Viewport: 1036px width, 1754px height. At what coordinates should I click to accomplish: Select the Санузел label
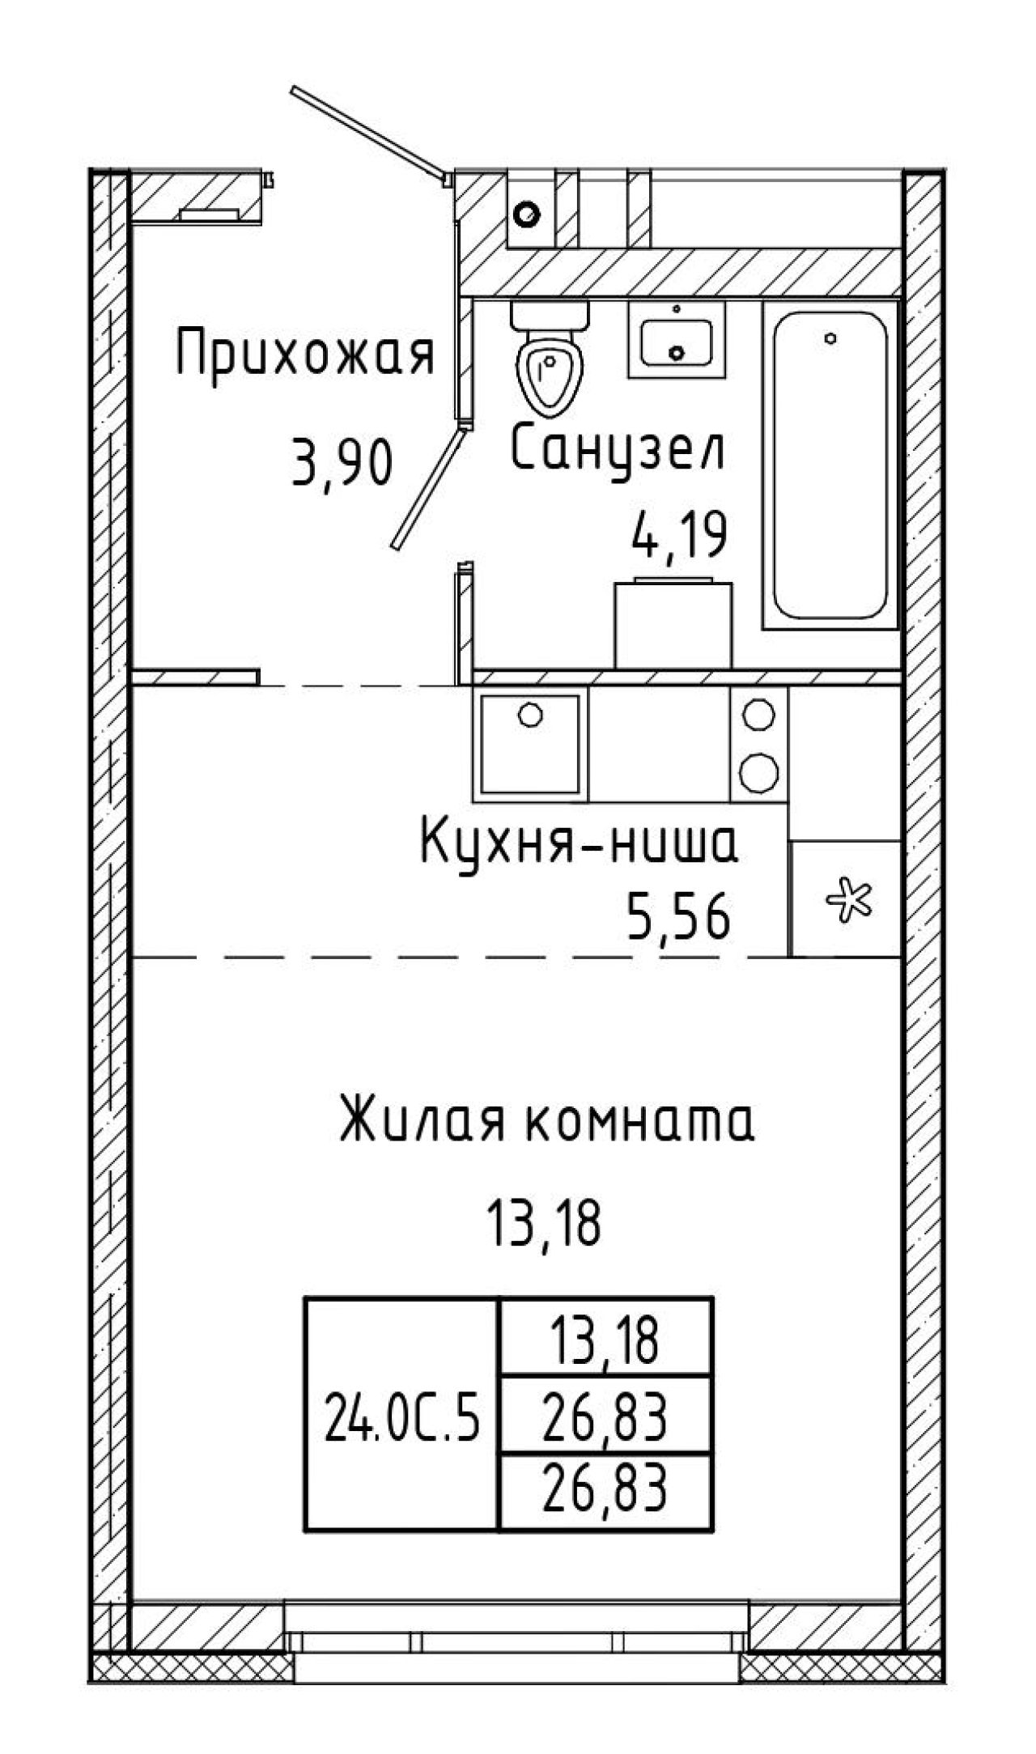(618, 452)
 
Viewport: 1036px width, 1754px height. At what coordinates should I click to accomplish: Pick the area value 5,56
(677, 920)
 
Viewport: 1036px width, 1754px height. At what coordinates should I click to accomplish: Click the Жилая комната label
(546, 1120)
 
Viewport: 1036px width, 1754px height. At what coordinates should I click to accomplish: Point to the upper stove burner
(759, 714)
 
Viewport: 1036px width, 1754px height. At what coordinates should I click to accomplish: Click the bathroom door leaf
(427, 488)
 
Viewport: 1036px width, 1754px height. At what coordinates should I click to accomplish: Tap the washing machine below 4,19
(673, 622)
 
